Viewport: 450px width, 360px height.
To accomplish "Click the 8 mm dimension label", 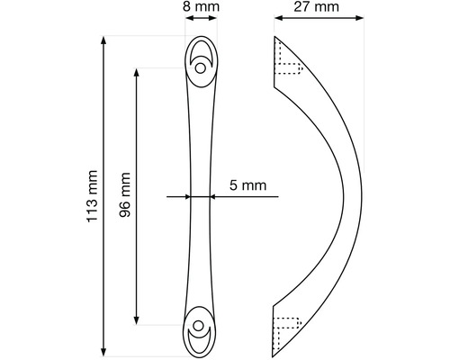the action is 201,6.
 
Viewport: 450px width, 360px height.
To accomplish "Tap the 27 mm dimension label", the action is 316,6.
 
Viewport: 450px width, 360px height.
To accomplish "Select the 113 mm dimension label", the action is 92,196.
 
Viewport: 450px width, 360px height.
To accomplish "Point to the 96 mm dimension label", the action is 125,194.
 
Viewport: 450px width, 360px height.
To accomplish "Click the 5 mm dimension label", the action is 248,185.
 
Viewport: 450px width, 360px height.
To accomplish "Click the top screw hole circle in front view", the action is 201,68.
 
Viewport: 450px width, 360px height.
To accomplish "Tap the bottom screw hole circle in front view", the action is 198,325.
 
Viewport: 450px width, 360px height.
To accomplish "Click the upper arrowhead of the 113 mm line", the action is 103,40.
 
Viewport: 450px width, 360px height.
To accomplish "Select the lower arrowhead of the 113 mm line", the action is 103,352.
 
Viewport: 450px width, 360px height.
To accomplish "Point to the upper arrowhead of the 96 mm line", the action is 137,73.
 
